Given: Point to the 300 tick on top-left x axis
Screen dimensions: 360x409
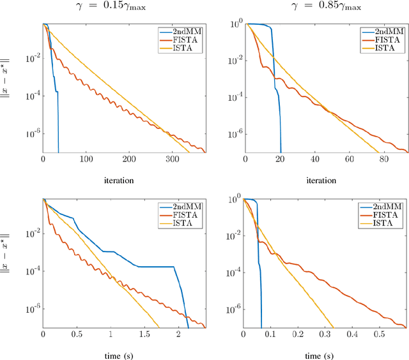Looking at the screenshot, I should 173,160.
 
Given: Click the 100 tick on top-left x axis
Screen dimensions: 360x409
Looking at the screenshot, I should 86,160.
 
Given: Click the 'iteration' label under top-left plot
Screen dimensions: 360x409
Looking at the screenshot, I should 119,180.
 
